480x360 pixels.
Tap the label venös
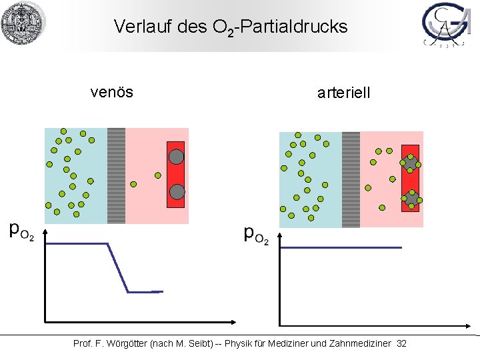click(x=112, y=92)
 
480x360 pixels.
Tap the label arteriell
click(x=343, y=93)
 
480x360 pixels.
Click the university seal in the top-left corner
click(x=23, y=23)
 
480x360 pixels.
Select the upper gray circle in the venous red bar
click(x=176, y=157)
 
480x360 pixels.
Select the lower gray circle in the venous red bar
click(x=176, y=192)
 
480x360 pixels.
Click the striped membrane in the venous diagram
click(x=116, y=175)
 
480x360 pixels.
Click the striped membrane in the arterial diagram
click(x=351, y=179)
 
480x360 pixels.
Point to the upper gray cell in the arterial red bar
click(x=411, y=163)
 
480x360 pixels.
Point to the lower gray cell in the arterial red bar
click(x=411, y=198)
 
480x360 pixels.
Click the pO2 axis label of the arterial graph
click(x=257, y=235)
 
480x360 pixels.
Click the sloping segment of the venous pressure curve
click(x=117, y=268)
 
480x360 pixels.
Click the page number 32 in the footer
click(x=401, y=343)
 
